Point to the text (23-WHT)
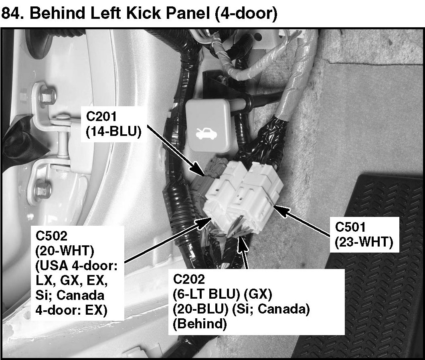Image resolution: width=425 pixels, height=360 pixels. tap(362, 242)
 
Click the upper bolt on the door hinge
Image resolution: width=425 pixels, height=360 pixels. tap(47, 95)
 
